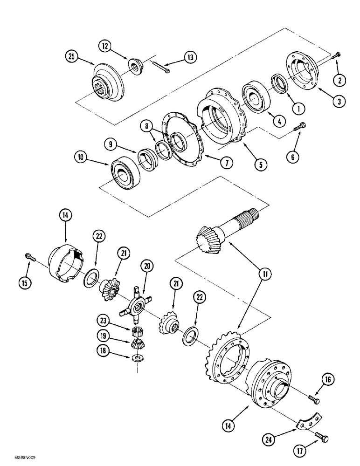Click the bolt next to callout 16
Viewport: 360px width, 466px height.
pos(313,397)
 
